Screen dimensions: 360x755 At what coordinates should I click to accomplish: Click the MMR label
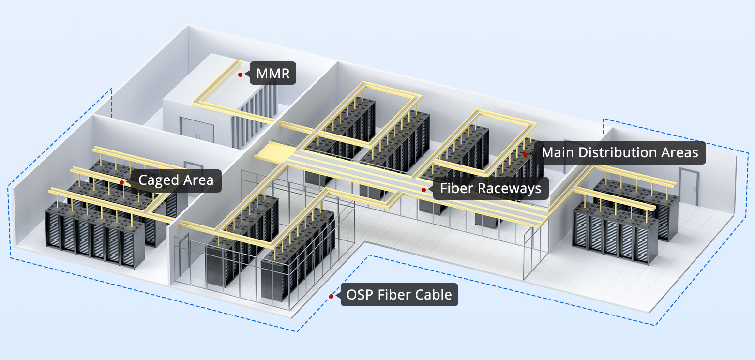click(x=272, y=75)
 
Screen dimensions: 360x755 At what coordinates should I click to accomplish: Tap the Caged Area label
click(x=176, y=180)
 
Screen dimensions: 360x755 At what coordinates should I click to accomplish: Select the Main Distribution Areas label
click(x=619, y=152)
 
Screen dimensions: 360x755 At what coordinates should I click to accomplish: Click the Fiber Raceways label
click(x=491, y=188)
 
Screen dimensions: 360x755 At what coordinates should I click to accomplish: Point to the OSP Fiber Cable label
click(x=399, y=294)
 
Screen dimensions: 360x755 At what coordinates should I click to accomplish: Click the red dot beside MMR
click(x=240, y=75)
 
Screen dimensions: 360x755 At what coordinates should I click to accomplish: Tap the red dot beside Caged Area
click(x=122, y=182)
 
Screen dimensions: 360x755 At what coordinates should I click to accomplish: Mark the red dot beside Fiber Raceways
click(x=423, y=190)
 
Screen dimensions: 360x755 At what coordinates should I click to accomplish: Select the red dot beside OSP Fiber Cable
click(x=331, y=296)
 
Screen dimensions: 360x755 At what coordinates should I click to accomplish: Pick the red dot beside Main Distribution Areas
click(x=525, y=154)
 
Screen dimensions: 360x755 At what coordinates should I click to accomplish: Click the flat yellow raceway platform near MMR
click(x=269, y=153)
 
